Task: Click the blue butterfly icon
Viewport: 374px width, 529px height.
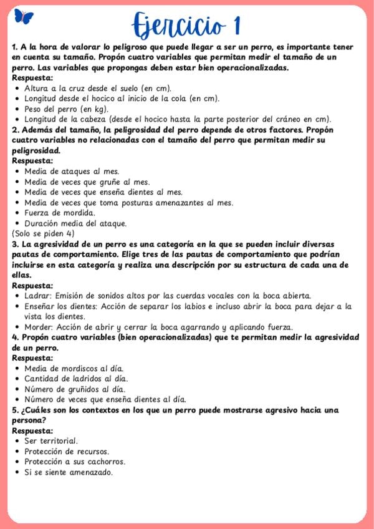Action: pyautogui.click(x=23, y=17)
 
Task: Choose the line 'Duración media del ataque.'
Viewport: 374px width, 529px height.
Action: pyautogui.click(x=75, y=223)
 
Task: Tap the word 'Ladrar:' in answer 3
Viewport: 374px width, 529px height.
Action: pyautogui.click(x=38, y=296)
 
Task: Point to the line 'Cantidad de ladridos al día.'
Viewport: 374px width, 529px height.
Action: pyautogui.click(x=75, y=379)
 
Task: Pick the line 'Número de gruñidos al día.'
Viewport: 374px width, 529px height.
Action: pyautogui.click(x=74, y=389)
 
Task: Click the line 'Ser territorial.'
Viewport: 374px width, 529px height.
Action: pyautogui.click(x=51, y=441)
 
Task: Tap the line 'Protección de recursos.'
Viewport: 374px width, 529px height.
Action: pyautogui.click(x=67, y=451)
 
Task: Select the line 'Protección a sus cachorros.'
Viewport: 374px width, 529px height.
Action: pyautogui.click(x=75, y=462)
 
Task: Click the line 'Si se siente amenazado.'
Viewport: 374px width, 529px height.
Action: pyautogui.click(x=69, y=472)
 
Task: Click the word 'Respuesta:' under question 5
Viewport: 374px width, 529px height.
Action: pyautogui.click(x=32, y=430)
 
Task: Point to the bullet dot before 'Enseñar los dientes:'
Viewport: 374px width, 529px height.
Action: pyautogui.click(x=16, y=306)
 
